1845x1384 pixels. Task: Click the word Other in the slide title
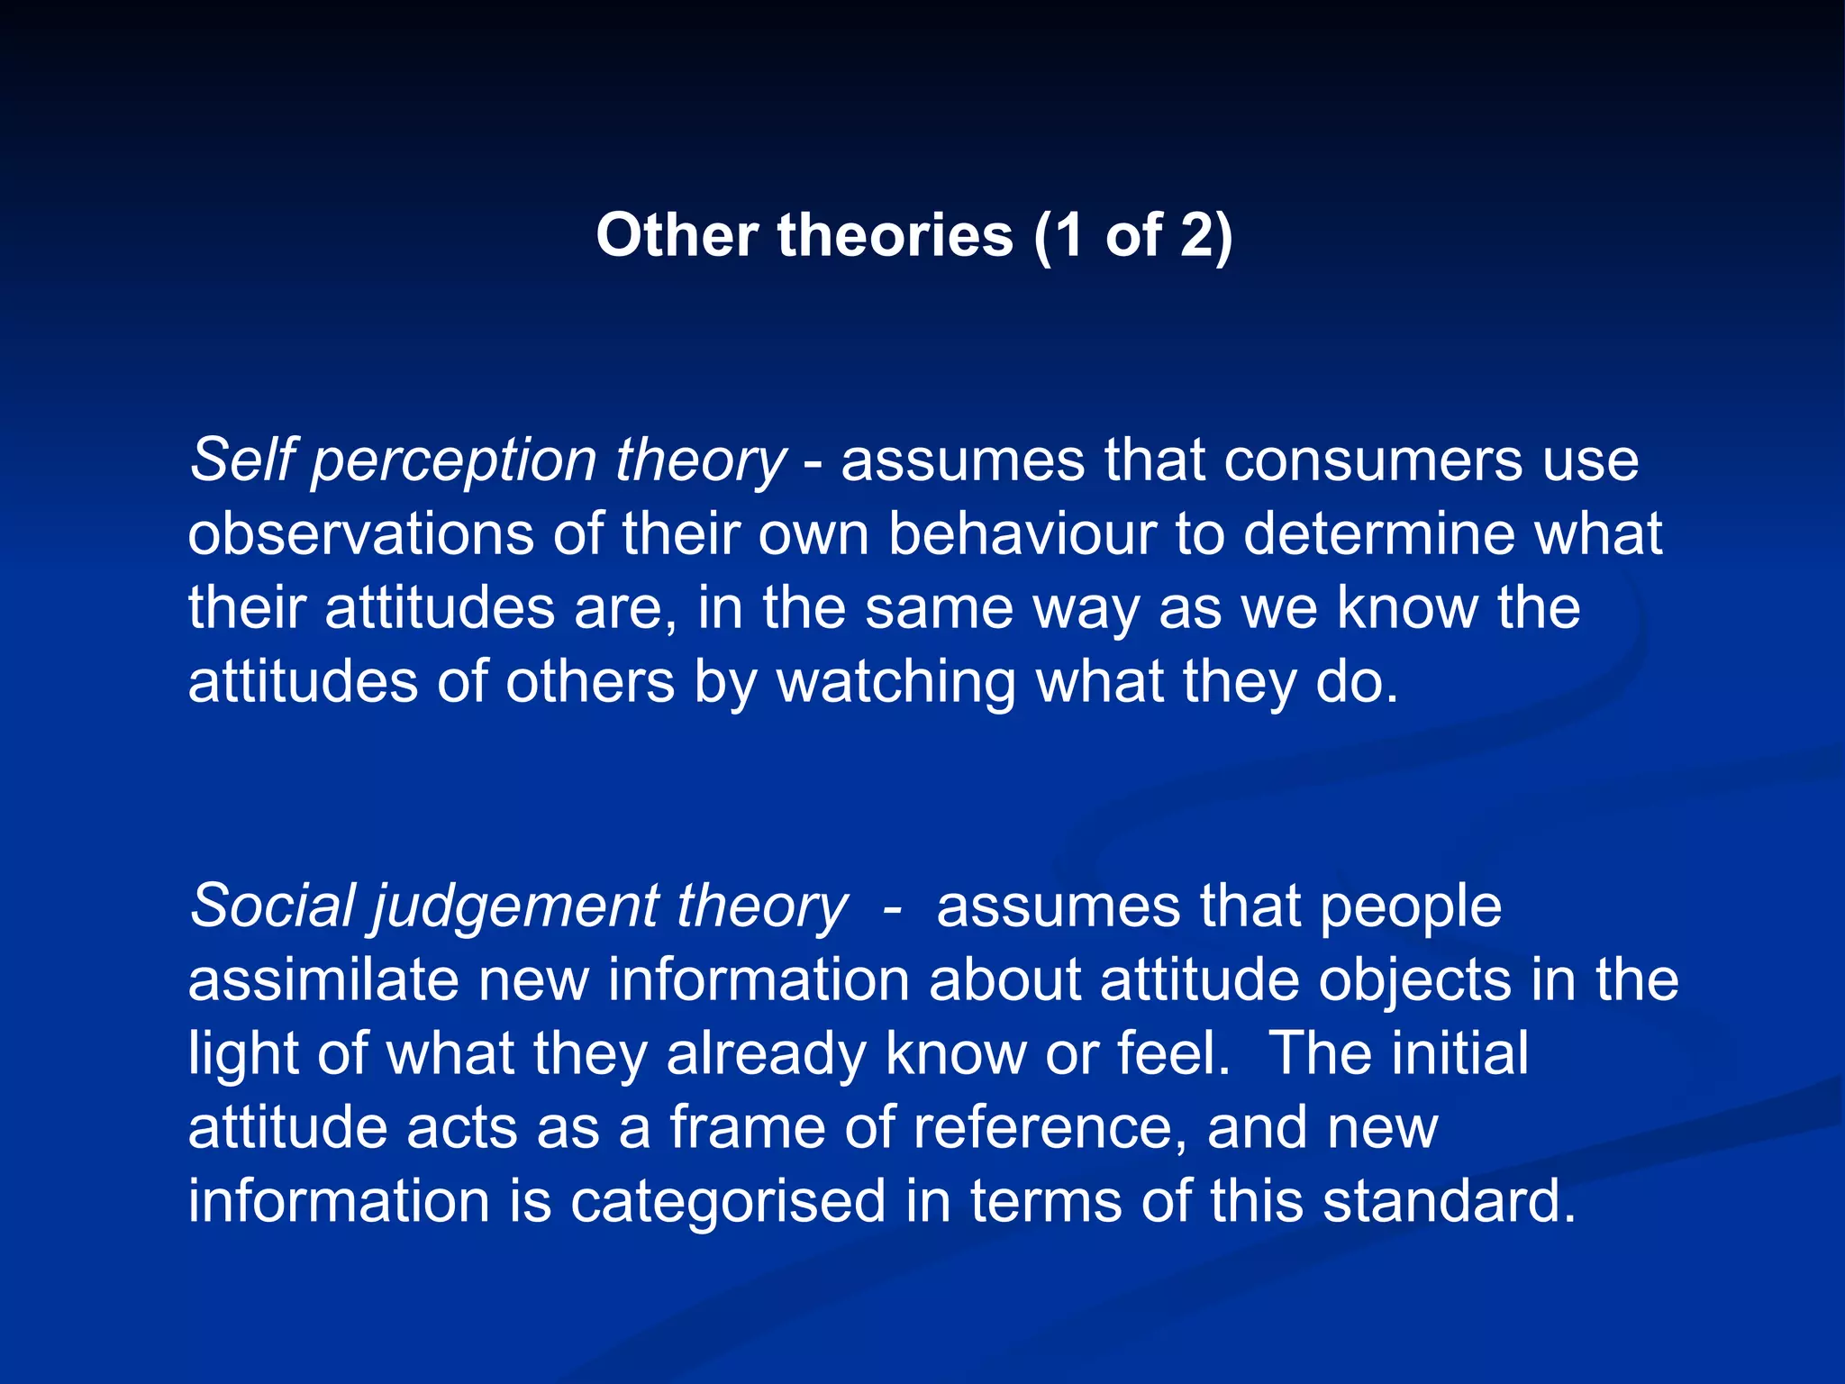[x=677, y=236]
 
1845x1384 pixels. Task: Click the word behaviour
[x=1022, y=533]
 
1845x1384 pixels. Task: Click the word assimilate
[x=323, y=979]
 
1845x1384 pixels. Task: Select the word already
[x=767, y=1055]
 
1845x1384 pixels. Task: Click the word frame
[x=747, y=1127]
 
